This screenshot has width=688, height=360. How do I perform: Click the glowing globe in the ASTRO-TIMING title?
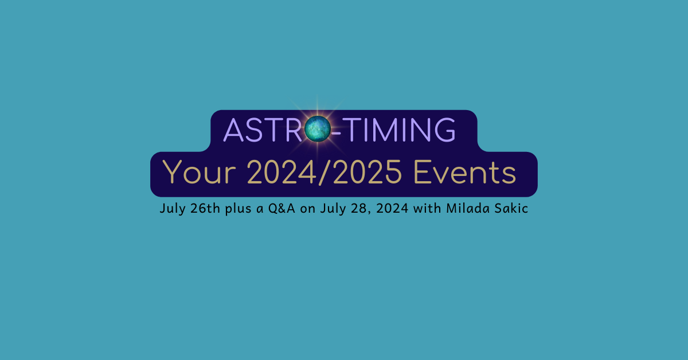318,129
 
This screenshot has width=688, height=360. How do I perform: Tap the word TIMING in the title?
399,130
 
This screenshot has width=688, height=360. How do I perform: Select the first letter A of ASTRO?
233,130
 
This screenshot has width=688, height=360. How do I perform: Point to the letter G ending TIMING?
445,130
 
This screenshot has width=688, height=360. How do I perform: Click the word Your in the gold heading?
199,172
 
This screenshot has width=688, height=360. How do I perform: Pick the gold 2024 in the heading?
282,172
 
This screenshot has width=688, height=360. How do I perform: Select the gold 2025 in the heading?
368,172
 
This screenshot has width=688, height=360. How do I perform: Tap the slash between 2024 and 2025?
325,173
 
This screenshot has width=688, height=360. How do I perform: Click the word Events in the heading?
465,172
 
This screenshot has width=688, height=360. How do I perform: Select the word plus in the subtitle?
239,209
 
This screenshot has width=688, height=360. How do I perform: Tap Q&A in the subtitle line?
282,208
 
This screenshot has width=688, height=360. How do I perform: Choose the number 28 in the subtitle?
359,208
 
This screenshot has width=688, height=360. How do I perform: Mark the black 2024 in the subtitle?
392,208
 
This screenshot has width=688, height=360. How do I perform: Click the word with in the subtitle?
427,208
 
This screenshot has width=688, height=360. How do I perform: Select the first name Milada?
468,208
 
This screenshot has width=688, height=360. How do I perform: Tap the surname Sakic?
511,208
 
